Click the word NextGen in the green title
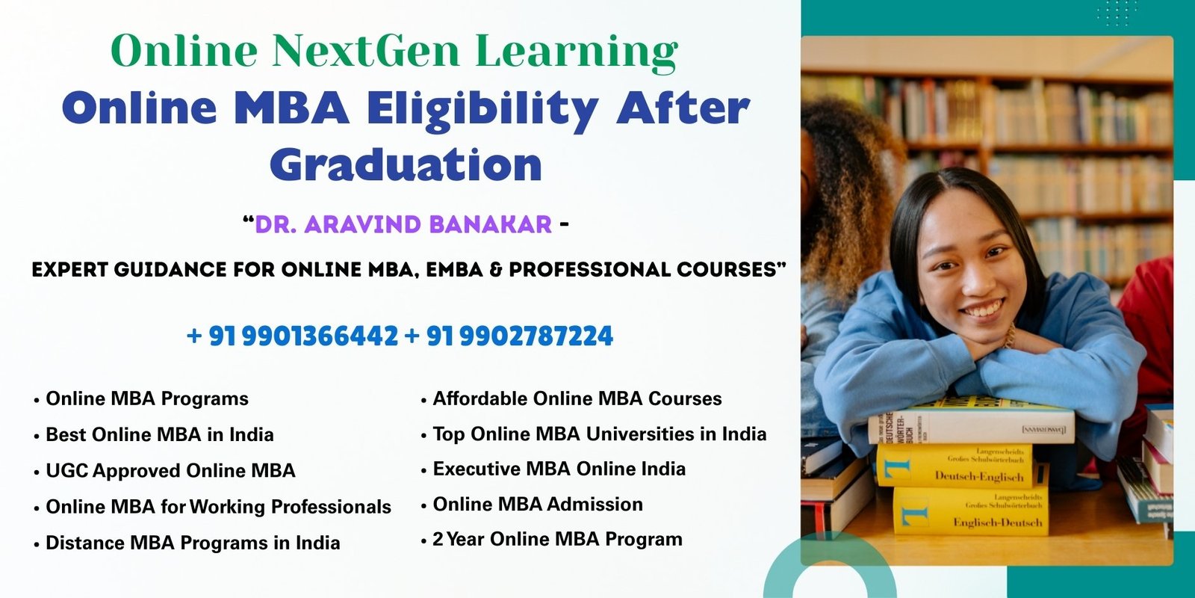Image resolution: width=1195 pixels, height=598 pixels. click(x=365, y=51)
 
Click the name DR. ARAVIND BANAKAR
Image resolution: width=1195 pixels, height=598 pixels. click(x=403, y=224)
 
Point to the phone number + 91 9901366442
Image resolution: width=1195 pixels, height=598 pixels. click(x=292, y=336)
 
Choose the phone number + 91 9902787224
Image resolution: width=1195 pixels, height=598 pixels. click(x=509, y=336)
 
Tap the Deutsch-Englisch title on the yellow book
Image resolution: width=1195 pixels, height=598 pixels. click(x=979, y=476)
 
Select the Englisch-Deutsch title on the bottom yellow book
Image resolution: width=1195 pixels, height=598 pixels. click(x=998, y=523)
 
